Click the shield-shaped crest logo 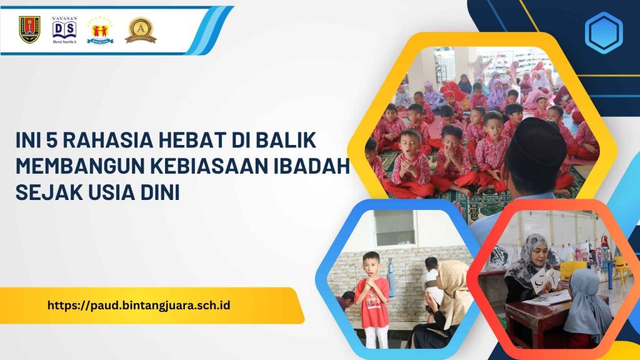(29, 29)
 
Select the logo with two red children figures (100, 29)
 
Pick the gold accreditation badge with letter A (141, 29)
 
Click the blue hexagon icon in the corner (603, 32)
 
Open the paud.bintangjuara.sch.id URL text (139, 306)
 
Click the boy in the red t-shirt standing (371, 297)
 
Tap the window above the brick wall (395, 227)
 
